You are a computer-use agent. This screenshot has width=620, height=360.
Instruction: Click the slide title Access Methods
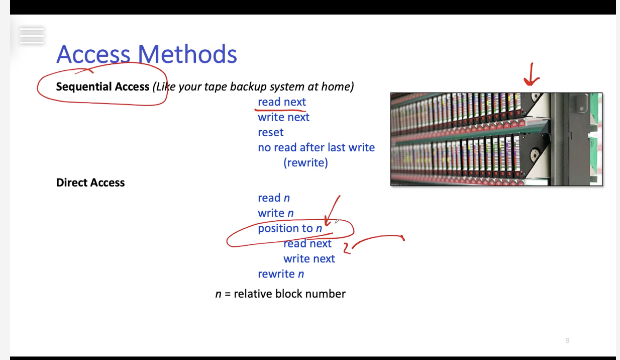(x=146, y=54)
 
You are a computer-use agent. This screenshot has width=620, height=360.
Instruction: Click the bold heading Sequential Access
(x=102, y=86)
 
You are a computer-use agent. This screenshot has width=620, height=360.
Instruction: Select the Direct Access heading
(x=90, y=183)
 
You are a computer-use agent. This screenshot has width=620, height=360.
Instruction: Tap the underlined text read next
(x=281, y=102)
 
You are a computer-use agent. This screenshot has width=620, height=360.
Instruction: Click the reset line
(x=270, y=132)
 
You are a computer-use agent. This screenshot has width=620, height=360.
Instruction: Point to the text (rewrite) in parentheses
(x=305, y=162)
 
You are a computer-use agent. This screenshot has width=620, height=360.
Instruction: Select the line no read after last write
(x=316, y=147)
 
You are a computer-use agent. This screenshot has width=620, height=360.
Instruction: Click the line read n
(x=273, y=198)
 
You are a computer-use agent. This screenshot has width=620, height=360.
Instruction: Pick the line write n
(x=275, y=213)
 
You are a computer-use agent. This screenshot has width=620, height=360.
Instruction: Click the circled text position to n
(x=290, y=228)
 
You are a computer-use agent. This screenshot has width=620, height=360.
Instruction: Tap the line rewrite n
(x=281, y=274)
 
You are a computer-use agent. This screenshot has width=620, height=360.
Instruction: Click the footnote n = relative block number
(x=280, y=294)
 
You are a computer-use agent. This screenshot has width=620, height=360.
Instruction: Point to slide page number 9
(x=567, y=340)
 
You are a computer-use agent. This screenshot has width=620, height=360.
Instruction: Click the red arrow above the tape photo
(x=531, y=75)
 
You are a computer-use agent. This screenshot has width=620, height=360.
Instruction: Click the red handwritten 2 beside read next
(x=346, y=247)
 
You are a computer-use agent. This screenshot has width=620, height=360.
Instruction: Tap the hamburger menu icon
(x=32, y=36)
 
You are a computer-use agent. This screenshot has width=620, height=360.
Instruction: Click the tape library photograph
(x=496, y=139)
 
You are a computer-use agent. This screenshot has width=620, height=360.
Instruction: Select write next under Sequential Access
(x=283, y=117)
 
